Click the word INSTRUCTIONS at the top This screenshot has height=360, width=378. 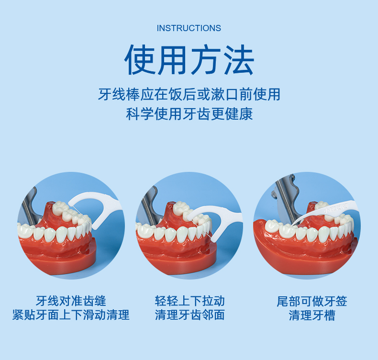[x=189, y=28]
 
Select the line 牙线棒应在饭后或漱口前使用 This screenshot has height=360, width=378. [x=189, y=94]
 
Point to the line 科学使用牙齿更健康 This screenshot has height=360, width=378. [x=189, y=114]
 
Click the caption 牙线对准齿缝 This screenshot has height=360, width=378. [x=71, y=301]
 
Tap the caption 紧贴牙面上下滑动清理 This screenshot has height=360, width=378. [x=71, y=315]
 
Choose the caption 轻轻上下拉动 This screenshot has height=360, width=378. [x=189, y=301]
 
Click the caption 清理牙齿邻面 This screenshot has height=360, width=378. [x=189, y=315]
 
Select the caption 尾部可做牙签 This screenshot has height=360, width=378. [x=311, y=301]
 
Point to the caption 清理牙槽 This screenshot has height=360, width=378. [x=311, y=315]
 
